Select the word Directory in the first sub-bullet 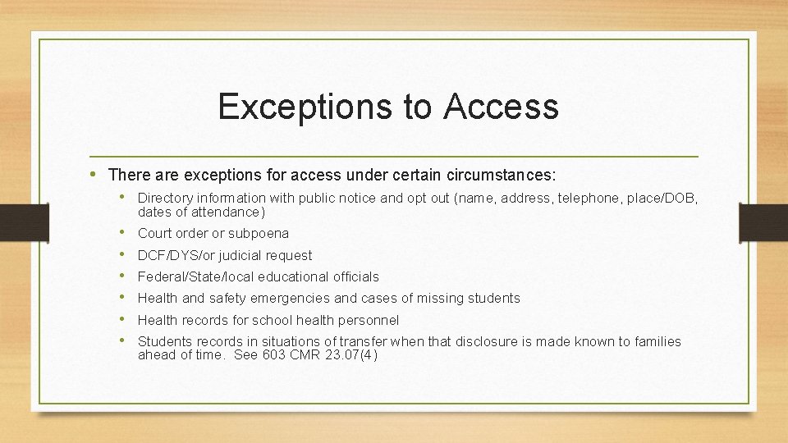(164, 198)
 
